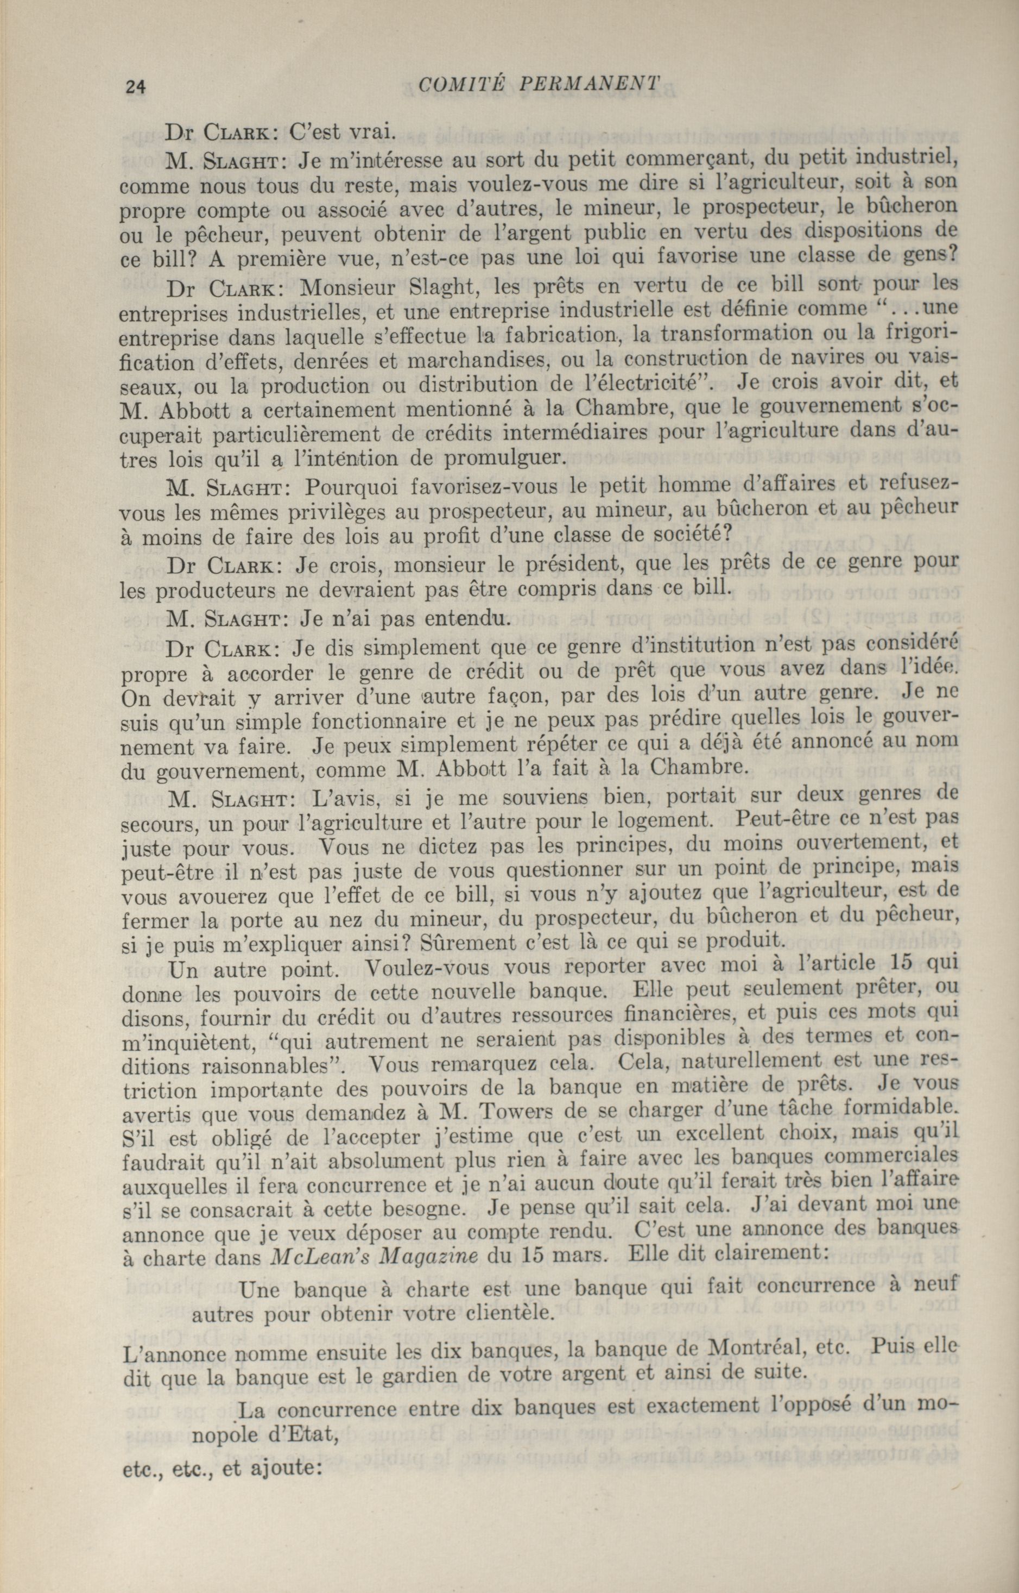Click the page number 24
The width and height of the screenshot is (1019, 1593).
pyautogui.click(x=135, y=87)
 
